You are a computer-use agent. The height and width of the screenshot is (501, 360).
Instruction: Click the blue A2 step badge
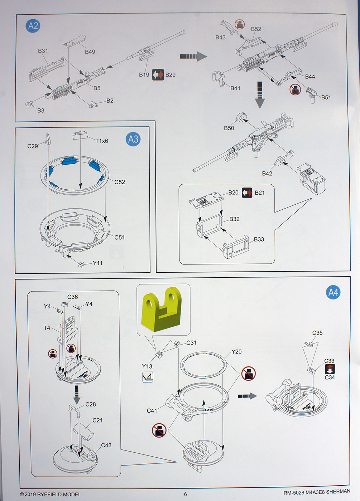tap(33, 26)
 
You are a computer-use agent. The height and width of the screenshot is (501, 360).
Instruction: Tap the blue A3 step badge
tap(133, 139)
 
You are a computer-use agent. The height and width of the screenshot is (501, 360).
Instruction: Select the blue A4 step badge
tap(333, 292)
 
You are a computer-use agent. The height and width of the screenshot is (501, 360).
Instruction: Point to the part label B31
tap(43, 51)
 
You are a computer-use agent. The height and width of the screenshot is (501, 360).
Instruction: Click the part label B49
tap(90, 52)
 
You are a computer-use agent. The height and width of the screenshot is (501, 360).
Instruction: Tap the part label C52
tap(120, 182)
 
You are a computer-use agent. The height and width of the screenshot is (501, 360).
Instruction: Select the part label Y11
tap(97, 263)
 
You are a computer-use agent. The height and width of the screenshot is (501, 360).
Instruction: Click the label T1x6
tap(101, 141)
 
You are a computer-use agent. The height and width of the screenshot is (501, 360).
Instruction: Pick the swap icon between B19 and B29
tap(158, 74)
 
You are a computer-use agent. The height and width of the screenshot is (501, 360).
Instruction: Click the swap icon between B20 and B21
tap(247, 193)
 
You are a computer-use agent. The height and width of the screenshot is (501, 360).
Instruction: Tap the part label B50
tap(229, 128)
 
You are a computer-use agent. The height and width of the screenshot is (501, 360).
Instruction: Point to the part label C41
tap(152, 410)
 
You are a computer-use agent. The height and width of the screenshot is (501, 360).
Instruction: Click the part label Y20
tap(236, 352)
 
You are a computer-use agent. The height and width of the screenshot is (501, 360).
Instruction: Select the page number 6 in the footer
tap(186, 494)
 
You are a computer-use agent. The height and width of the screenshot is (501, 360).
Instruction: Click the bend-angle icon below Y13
tap(148, 377)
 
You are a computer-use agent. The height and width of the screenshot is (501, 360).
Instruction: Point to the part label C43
tap(106, 445)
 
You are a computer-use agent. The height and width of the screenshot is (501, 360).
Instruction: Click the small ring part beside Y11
tap(82, 265)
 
